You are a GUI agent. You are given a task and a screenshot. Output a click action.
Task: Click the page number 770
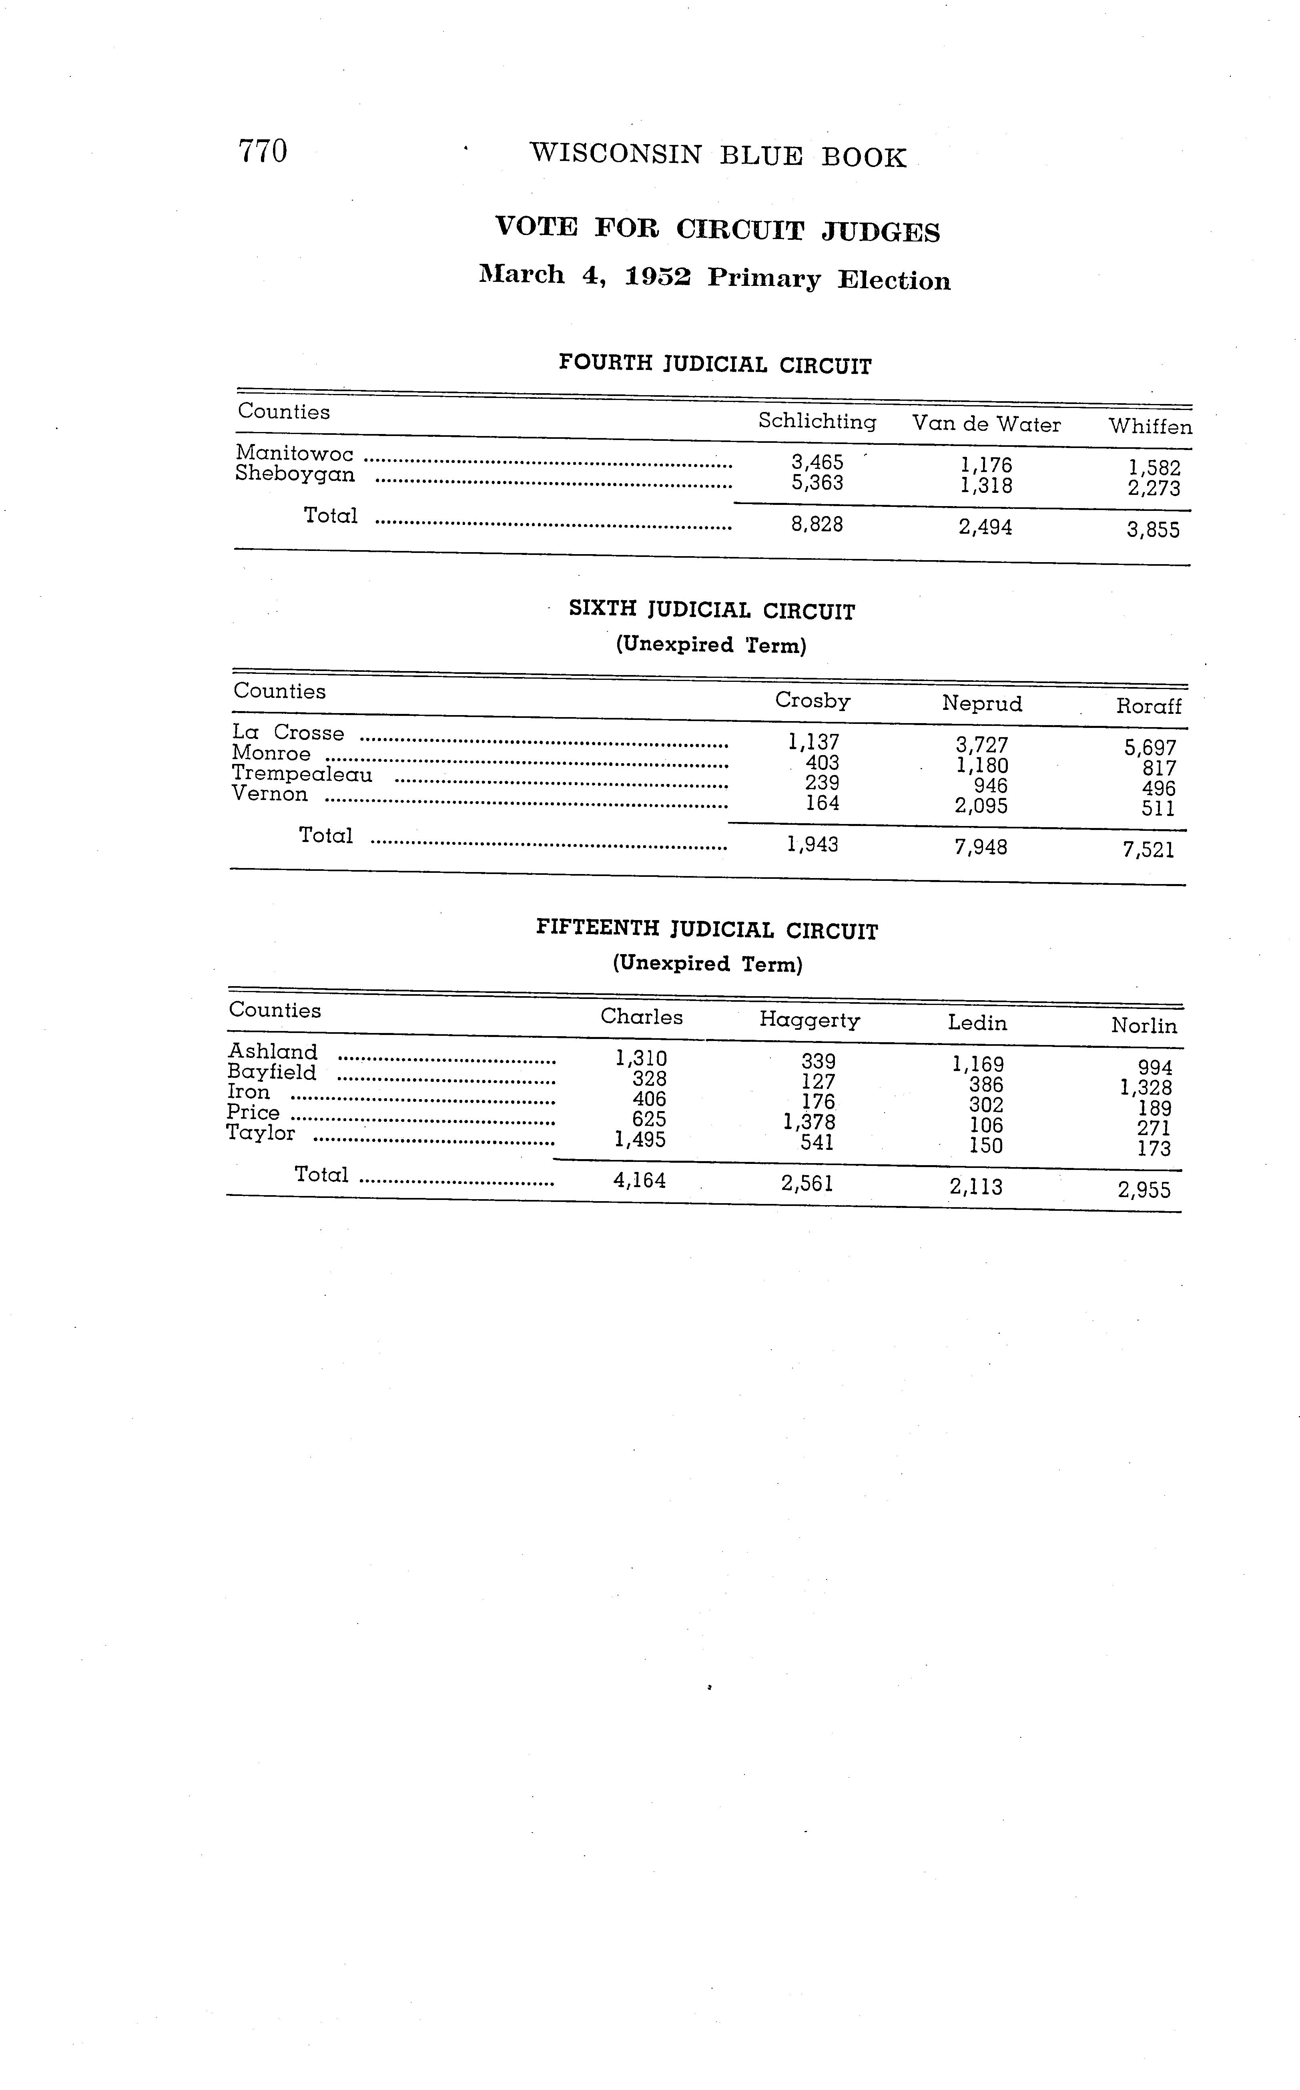pyautogui.click(x=262, y=151)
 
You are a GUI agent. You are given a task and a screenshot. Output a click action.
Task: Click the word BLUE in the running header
pyautogui.click(x=761, y=156)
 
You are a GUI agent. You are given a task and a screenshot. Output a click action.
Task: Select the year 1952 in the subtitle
pyautogui.click(x=658, y=277)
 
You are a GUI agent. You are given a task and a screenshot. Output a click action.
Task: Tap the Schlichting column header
pyautogui.click(x=817, y=422)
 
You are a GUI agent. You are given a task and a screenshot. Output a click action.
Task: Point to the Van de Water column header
pyautogui.click(x=986, y=424)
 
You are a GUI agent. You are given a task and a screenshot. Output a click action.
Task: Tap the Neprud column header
pyautogui.click(x=982, y=703)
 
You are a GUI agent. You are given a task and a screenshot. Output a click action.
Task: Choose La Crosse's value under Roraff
pyautogui.click(x=1150, y=748)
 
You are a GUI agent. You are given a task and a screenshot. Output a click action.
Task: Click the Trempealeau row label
pyautogui.click(x=302, y=774)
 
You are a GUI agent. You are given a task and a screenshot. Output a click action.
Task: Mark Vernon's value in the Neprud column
pyautogui.click(x=981, y=806)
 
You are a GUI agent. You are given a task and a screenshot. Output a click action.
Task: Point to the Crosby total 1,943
pyautogui.click(x=812, y=844)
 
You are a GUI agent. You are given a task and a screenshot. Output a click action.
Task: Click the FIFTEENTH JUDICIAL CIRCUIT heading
pyautogui.click(x=707, y=930)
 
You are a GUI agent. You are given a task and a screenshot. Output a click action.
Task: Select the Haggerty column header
pyautogui.click(x=809, y=1020)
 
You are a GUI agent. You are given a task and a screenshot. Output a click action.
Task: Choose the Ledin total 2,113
pyautogui.click(x=976, y=1187)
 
